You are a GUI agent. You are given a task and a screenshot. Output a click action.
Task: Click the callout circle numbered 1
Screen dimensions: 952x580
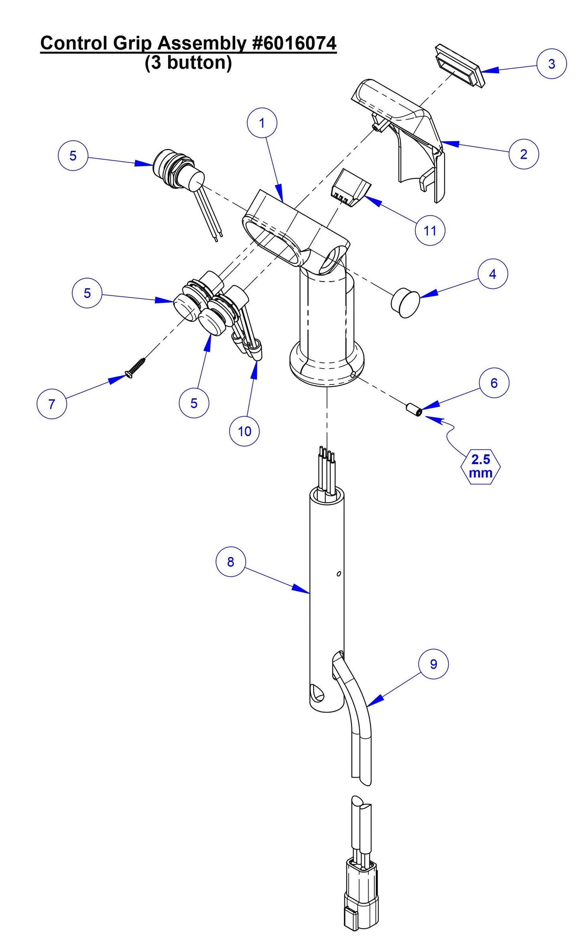click(262, 123)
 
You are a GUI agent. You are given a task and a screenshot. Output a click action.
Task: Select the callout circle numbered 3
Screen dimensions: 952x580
click(552, 63)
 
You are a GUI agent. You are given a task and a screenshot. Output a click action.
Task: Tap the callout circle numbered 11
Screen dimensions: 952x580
click(430, 230)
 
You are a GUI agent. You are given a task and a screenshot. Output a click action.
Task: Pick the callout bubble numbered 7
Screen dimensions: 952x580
click(51, 404)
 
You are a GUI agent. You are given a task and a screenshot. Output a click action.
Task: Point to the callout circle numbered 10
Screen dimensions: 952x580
click(244, 431)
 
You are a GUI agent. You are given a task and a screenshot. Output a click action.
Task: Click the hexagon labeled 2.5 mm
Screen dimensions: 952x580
click(480, 466)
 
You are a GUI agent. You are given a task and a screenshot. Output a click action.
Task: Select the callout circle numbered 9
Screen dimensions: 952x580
click(433, 664)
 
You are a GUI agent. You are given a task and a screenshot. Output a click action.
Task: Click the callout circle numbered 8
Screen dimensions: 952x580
click(230, 561)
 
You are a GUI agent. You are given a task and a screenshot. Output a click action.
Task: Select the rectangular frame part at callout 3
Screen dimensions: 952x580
click(460, 65)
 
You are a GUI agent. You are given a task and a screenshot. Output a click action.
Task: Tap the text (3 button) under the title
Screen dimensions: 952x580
click(188, 63)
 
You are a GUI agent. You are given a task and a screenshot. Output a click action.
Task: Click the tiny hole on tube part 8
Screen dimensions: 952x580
click(338, 573)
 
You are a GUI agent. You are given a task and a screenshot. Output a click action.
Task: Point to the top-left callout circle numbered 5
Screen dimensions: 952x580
click(73, 156)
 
